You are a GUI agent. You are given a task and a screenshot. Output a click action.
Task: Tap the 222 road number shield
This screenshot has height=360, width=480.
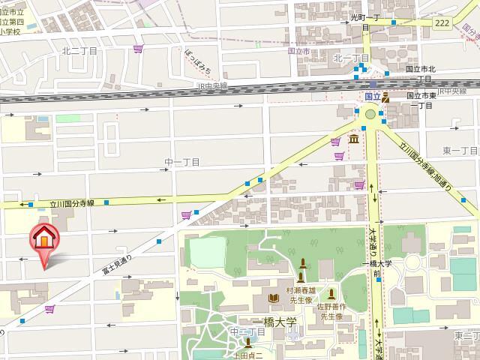[x=441, y=22]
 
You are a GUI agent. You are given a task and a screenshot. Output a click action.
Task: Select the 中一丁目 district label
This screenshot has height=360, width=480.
[x=182, y=162]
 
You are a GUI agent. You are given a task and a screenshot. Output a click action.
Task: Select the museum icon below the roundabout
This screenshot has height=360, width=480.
[x=353, y=139]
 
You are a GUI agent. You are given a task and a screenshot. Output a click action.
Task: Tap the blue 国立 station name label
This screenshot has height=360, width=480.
[x=372, y=97]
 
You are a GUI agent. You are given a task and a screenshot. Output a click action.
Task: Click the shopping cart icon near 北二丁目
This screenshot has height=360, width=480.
[x=138, y=49]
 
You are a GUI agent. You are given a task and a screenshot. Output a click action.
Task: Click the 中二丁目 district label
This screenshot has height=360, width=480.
[x=245, y=331]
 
